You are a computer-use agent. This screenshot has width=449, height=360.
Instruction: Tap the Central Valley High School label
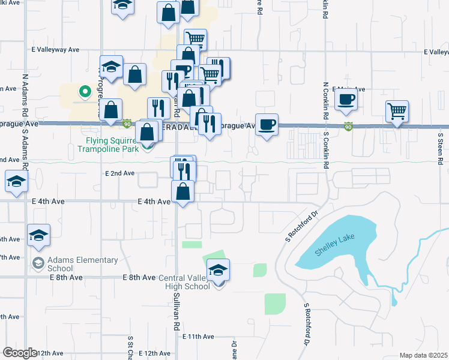tap(184, 282)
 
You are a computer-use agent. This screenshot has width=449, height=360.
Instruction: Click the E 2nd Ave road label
tap(121, 173)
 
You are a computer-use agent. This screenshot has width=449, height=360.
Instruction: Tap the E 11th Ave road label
tap(198, 337)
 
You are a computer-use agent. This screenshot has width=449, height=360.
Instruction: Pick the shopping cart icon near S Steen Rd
tap(397, 112)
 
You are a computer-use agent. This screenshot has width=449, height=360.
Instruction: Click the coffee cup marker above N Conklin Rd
tap(346, 100)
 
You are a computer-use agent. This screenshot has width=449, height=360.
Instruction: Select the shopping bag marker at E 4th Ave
tap(182, 192)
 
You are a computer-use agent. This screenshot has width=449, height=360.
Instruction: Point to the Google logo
tap(20, 353)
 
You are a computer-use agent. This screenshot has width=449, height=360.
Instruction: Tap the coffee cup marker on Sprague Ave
tap(267, 125)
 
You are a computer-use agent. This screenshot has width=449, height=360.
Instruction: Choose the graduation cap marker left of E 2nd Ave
tap(16, 182)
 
